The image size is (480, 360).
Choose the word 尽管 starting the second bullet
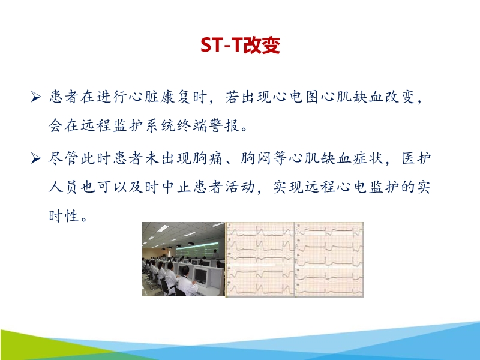[64, 160]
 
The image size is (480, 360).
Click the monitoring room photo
[184, 259]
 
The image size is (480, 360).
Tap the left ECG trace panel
[260, 259]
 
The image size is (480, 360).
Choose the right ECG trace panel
[329, 259]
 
